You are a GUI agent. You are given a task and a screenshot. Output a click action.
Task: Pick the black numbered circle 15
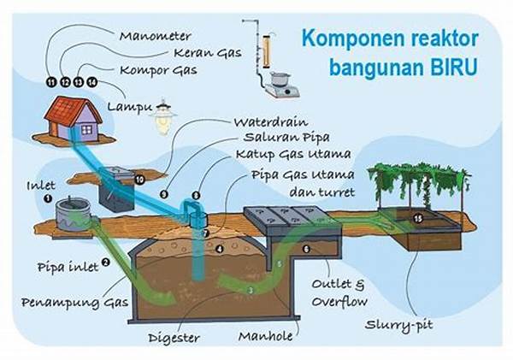tap(417, 218)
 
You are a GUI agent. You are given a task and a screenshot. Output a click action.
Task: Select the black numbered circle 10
tap(139, 180)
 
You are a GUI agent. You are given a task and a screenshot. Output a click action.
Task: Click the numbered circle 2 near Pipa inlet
tap(105, 263)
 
